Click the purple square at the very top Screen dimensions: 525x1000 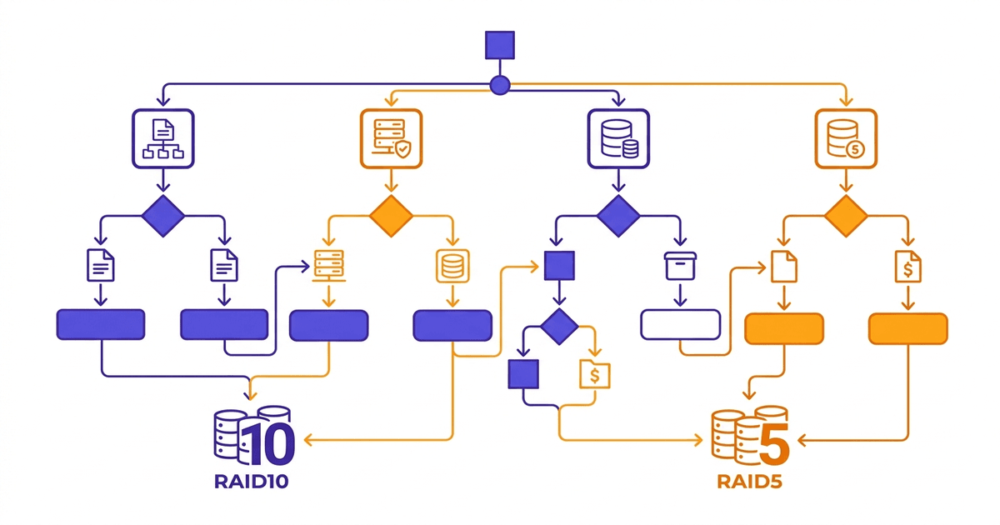coord(500,45)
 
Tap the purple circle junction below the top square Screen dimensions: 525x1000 coord(500,84)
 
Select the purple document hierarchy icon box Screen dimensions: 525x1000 coord(163,137)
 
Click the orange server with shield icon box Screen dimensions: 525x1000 coord(391,137)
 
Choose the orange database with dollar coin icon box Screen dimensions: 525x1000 coord(846,137)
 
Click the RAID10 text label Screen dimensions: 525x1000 coord(252,482)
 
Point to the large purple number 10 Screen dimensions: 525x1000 coord(267,441)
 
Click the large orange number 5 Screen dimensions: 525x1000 coord(772,441)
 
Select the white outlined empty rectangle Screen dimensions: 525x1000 coord(680,325)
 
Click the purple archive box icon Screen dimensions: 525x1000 coord(679,267)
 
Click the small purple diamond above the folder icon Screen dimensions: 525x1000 coord(558,326)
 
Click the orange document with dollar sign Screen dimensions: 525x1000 coord(907,267)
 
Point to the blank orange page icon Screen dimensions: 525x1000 coord(784,267)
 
